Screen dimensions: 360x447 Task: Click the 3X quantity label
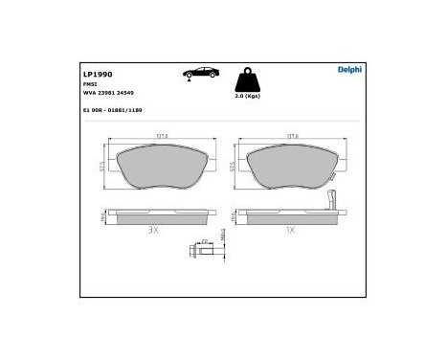[153, 230]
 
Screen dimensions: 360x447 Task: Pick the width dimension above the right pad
[287, 136]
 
